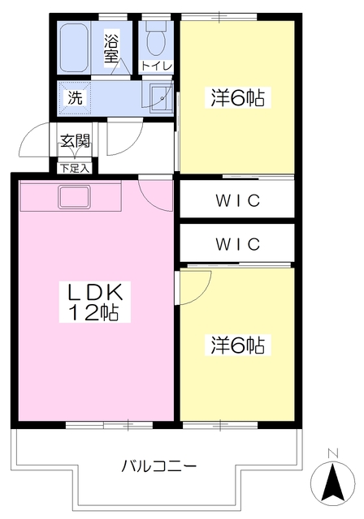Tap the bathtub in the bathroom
click(74, 49)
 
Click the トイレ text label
click(157, 66)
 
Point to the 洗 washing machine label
click(75, 97)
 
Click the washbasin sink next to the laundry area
click(161, 98)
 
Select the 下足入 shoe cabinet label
click(75, 168)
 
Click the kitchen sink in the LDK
click(74, 197)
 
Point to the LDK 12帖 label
click(95, 302)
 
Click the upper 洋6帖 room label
click(238, 97)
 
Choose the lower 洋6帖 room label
click(238, 345)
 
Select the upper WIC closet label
click(238, 200)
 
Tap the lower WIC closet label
click(238, 244)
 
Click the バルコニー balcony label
click(158, 467)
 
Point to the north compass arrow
click(333, 483)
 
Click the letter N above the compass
click(332, 453)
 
